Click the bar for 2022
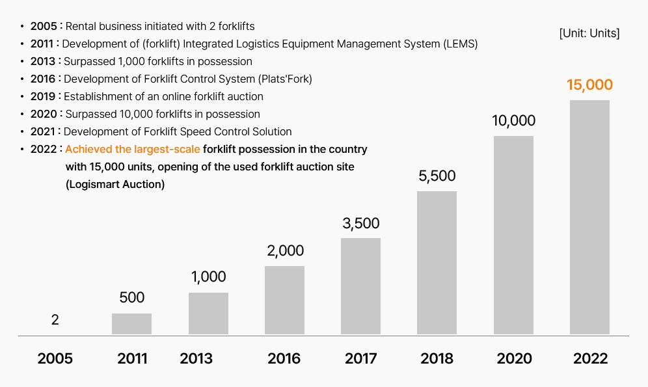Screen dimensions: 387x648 point(589,217)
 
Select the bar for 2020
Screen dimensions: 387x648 point(513,235)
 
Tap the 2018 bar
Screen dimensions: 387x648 point(437,263)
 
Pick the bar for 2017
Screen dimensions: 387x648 point(360,286)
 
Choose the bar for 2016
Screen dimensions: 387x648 point(284,300)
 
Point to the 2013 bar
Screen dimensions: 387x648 point(208,314)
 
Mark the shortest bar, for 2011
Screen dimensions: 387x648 point(131,324)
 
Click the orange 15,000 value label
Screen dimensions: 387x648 point(589,85)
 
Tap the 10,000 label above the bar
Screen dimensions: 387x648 point(513,121)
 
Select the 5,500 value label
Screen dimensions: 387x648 point(437,176)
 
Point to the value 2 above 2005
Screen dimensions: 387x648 point(55,320)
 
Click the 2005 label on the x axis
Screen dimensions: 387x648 point(55,358)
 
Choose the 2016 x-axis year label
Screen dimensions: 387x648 point(284,358)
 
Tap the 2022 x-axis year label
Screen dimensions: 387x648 point(590,358)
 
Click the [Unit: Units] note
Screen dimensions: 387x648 point(589,33)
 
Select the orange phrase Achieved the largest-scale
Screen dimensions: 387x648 point(132,150)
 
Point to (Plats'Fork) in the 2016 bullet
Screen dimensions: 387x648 point(285,79)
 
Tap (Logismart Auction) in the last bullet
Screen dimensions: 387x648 point(115,185)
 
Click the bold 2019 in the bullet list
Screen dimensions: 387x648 point(43,97)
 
